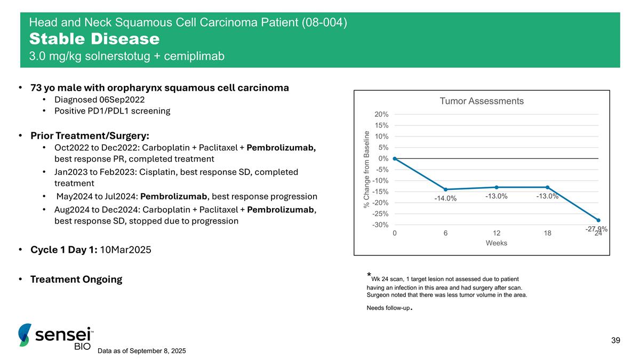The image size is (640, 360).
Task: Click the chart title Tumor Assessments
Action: [481, 101]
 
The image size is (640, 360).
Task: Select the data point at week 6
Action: [445, 189]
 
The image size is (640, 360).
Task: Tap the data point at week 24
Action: [598, 220]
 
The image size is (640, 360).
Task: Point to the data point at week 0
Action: [395, 158]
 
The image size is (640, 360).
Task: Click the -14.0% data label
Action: [445, 199]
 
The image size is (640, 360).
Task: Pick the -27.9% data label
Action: [596, 229]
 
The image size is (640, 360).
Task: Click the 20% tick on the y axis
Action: [380, 114]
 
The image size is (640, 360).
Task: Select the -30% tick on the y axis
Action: [380, 225]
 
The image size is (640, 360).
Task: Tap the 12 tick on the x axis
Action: [497, 233]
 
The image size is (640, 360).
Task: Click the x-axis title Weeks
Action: [496, 243]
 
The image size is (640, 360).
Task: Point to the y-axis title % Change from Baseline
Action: [366, 169]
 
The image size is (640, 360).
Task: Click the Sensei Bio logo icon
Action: [25, 335]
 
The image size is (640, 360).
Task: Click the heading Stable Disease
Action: [94, 39]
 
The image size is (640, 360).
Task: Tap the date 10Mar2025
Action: [126, 250]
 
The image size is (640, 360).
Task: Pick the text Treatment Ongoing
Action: [76, 279]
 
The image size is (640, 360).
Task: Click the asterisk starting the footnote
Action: [369, 276]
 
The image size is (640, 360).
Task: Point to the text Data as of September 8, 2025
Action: [142, 350]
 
